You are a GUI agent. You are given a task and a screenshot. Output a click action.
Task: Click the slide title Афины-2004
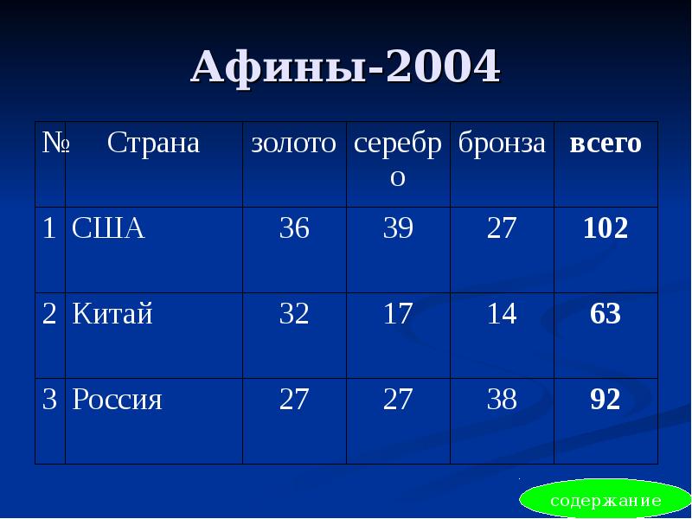345,67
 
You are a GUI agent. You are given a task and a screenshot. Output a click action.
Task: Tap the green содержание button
605,501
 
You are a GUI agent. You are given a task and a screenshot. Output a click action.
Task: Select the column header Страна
153,144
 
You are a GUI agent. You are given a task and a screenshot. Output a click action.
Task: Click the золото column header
293,144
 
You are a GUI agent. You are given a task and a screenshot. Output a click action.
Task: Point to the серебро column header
397,160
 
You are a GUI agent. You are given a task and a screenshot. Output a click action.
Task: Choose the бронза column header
502,144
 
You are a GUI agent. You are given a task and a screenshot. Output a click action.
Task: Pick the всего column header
605,144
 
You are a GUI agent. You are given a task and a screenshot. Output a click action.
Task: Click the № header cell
51,144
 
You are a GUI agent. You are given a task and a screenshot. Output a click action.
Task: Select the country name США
108,228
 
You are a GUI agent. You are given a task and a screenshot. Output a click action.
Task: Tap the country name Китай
112,314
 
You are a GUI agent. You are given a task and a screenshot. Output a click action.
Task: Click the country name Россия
118,400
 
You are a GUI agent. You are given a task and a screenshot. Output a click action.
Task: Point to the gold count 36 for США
293,228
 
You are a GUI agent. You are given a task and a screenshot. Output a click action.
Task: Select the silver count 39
398,228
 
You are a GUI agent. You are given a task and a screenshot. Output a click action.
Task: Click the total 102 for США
605,228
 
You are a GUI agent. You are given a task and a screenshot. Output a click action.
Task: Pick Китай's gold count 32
293,314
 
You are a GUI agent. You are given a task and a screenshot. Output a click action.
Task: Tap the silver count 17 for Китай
398,314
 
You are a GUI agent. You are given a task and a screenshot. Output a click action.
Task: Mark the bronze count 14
502,314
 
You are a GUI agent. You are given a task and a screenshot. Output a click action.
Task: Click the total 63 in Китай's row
605,314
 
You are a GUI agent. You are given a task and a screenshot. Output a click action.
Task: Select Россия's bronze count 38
502,400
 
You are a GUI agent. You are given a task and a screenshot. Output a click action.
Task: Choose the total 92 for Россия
605,400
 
